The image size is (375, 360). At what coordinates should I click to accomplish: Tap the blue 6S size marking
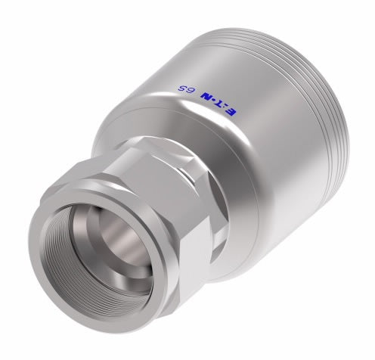[x=185, y=92]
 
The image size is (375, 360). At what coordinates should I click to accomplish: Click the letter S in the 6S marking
[x=181, y=90]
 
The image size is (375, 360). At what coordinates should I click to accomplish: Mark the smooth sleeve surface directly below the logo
[x=227, y=159]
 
